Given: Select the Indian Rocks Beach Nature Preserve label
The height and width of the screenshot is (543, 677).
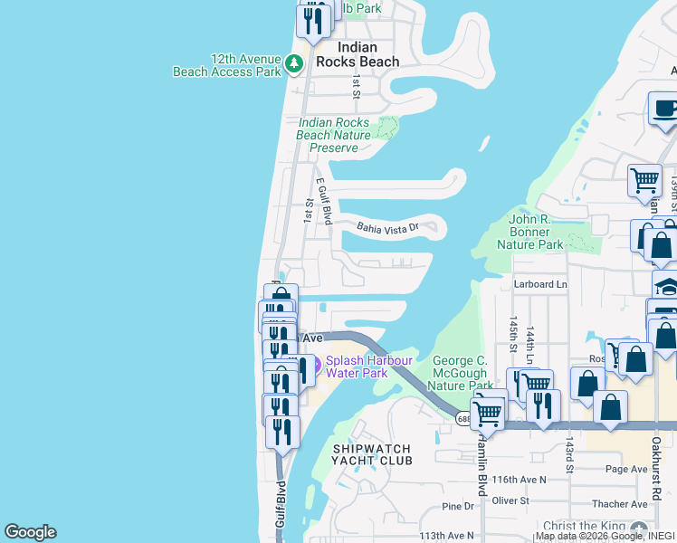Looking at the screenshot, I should click(x=334, y=135).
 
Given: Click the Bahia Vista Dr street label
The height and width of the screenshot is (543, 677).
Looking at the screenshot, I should click(x=388, y=227).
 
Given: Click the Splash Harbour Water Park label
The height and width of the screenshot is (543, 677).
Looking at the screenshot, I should click(x=369, y=367).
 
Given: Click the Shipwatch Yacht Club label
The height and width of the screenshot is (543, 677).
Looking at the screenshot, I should click(x=372, y=454).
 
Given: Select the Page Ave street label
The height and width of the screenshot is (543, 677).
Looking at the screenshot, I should click(x=627, y=469).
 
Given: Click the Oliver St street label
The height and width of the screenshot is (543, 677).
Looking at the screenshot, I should click(x=510, y=500).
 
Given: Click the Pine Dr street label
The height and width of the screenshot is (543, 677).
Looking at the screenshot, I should click(x=457, y=507).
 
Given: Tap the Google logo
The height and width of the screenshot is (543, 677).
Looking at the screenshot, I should click(x=31, y=532).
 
